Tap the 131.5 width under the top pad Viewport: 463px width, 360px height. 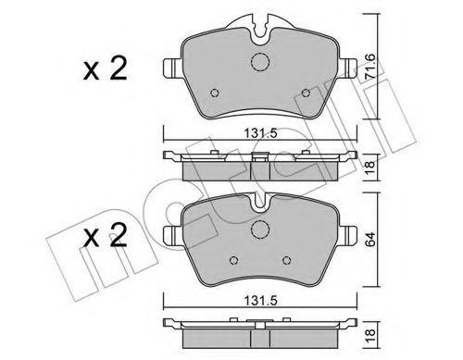click(259, 131)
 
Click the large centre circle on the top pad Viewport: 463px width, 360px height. click(261, 63)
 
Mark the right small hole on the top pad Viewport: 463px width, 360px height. click(309, 93)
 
